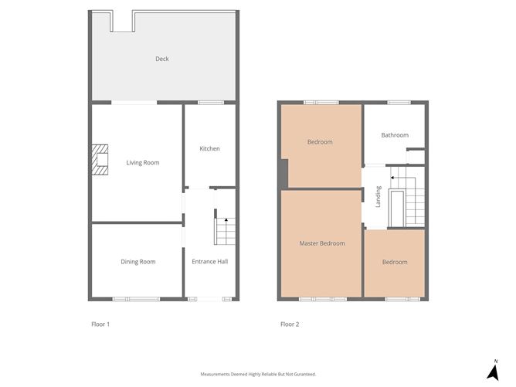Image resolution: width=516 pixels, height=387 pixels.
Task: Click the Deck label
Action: coord(162,59)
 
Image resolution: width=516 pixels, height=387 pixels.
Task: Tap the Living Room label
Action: coord(143,162)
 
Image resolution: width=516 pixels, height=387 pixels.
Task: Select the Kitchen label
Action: coord(209,149)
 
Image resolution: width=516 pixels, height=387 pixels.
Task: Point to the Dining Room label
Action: coord(138,262)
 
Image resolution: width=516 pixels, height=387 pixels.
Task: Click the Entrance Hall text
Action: coord(210,262)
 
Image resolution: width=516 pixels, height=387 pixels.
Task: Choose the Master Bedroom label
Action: coord(322,243)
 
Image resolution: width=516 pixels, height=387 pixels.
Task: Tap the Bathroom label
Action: coord(395,135)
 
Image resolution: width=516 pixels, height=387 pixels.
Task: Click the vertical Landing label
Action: coord(378,197)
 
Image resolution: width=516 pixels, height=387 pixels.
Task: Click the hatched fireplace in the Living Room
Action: coord(100,160)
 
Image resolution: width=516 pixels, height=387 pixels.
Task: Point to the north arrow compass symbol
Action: coord(493,371)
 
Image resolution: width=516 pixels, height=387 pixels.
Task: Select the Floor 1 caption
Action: coord(100,324)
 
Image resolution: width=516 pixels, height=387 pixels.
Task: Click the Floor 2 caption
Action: coord(290,324)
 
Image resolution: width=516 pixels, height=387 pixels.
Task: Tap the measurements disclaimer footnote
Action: coord(258,374)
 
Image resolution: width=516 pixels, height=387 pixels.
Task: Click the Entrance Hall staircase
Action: coord(226,231)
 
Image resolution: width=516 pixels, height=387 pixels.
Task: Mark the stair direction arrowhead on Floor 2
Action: coord(392,178)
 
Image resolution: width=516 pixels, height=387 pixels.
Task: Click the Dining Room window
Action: coord(136,299)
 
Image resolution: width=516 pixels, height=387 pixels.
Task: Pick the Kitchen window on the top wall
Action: coord(211,103)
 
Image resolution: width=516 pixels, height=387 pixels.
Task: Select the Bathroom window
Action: coord(399,103)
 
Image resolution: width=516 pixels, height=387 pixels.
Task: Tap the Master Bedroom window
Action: coord(323,299)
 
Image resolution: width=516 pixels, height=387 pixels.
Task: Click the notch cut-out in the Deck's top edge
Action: coord(123,22)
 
